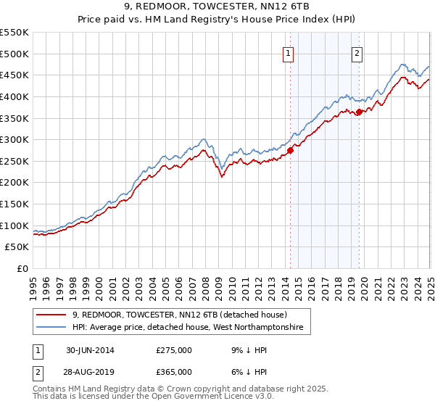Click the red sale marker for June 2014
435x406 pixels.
coord(290,150)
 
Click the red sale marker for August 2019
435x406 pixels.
coord(359,112)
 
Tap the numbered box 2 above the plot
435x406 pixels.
coord(358,52)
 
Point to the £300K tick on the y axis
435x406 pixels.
coord(14,139)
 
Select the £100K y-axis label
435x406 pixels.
coord(14,225)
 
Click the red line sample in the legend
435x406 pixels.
coord(51,315)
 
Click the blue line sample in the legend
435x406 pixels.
coord(51,328)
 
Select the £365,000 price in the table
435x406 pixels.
coord(174,372)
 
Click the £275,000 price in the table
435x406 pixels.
coord(174,350)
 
